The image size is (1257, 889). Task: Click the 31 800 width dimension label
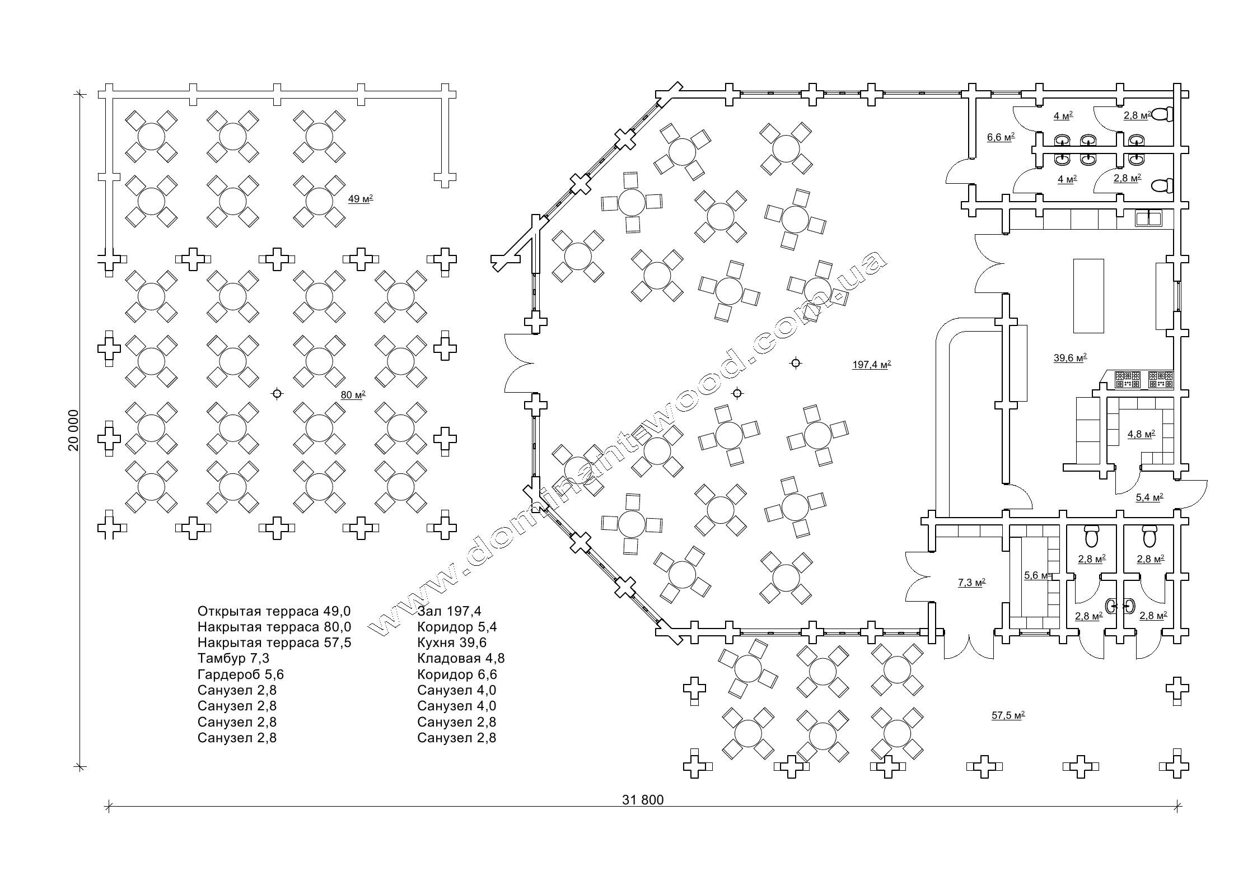point(642,800)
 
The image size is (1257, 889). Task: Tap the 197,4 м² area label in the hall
point(871,365)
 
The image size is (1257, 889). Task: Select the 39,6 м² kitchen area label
point(1070,359)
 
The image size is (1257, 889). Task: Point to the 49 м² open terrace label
point(361,199)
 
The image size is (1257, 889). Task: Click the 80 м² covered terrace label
point(353,395)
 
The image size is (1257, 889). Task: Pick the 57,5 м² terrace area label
point(1008,715)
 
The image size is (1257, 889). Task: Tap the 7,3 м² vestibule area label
point(971,583)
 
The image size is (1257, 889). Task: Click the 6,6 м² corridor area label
point(1001,137)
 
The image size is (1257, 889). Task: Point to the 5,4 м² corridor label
point(1149,497)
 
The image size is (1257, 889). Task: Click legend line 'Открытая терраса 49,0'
point(274,611)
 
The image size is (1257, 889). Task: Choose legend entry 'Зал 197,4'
point(449,611)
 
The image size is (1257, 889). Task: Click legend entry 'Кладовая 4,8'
point(461,659)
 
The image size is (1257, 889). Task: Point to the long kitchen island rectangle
point(1088,296)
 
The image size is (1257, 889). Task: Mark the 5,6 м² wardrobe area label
point(1035,575)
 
